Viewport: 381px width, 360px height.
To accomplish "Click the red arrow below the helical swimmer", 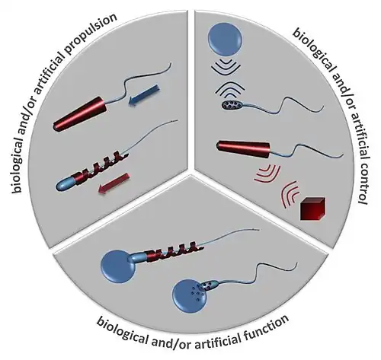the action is click(x=114, y=184).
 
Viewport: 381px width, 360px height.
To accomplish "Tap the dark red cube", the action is click(x=312, y=208).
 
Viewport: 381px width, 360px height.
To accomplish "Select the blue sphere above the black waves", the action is click(x=225, y=40).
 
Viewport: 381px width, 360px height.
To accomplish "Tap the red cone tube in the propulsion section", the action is click(x=80, y=114).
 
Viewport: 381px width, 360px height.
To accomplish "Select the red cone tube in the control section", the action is click(x=243, y=149).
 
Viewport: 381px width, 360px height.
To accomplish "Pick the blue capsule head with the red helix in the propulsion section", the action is click(x=66, y=183).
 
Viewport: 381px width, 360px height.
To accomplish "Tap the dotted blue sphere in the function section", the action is click(x=190, y=296).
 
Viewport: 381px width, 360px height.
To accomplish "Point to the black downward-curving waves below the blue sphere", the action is click(x=226, y=67).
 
